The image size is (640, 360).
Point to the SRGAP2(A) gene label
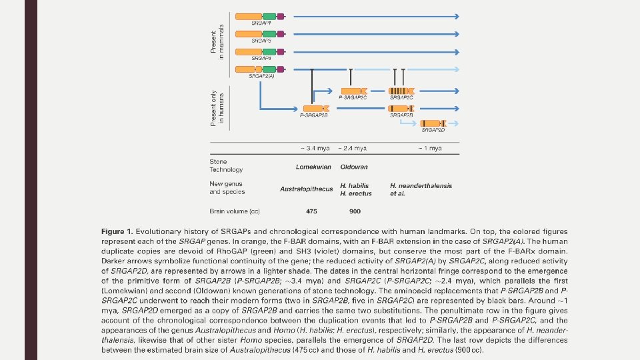pyautogui.click(x=261, y=77)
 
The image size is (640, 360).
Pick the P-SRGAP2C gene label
pyautogui.click(x=353, y=97)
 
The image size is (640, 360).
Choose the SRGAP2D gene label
pyautogui.click(x=433, y=131)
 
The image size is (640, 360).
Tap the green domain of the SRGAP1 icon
pyautogui.click(x=269, y=16)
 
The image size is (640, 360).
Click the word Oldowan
pyautogui.click(x=353, y=167)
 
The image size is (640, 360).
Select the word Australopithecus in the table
pyautogui.click(x=306, y=189)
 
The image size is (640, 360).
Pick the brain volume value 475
pyautogui.click(x=311, y=211)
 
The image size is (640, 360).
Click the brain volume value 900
pyautogui.click(x=355, y=211)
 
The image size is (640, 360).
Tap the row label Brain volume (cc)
pyautogui.click(x=235, y=211)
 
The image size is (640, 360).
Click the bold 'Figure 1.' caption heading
pyautogui.click(x=116, y=231)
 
